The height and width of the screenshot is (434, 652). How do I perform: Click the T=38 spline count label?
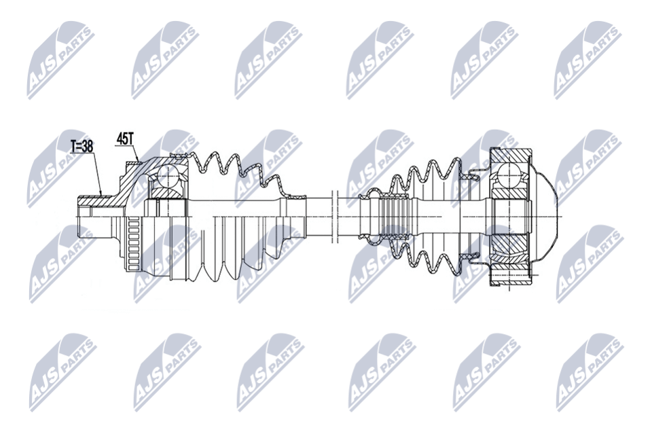(82, 146)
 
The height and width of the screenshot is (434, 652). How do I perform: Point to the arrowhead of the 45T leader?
(138, 160)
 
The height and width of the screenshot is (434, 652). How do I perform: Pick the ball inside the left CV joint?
(168, 174)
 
